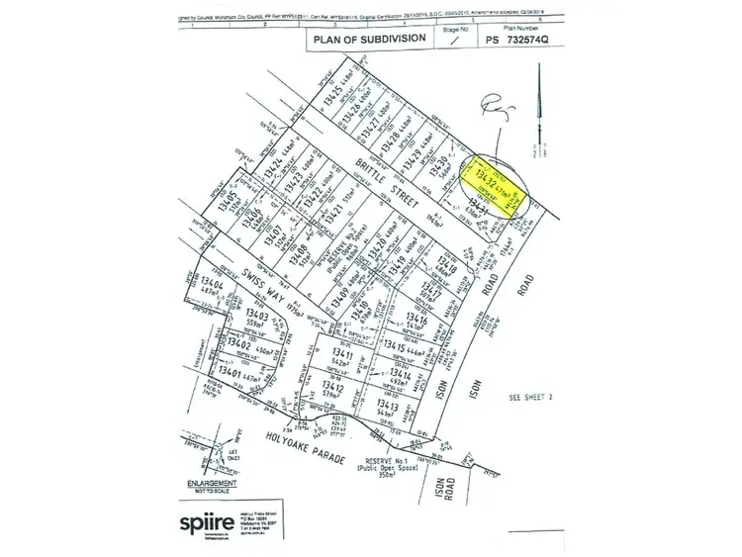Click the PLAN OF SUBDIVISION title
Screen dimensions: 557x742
point(370,40)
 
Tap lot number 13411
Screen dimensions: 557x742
point(342,354)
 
